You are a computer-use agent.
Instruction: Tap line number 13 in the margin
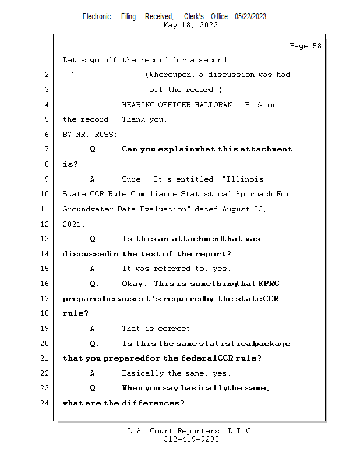click(x=46, y=239)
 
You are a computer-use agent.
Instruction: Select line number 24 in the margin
click(x=46, y=403)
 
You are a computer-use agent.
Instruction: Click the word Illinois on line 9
click(x=245, y=179)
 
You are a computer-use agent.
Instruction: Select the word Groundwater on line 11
click(x=86, y=209)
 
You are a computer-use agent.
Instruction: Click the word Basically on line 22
click(x=142, y=373)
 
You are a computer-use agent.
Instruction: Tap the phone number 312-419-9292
click(x=191, y=439)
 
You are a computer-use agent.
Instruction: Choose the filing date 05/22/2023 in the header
click(x=250, y=17)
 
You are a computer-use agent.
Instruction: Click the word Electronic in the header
click(x=97, y=17)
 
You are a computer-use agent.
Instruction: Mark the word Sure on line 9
click(x=132, y=179)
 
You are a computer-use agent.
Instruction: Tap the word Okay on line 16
click(x=133, y=284)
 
